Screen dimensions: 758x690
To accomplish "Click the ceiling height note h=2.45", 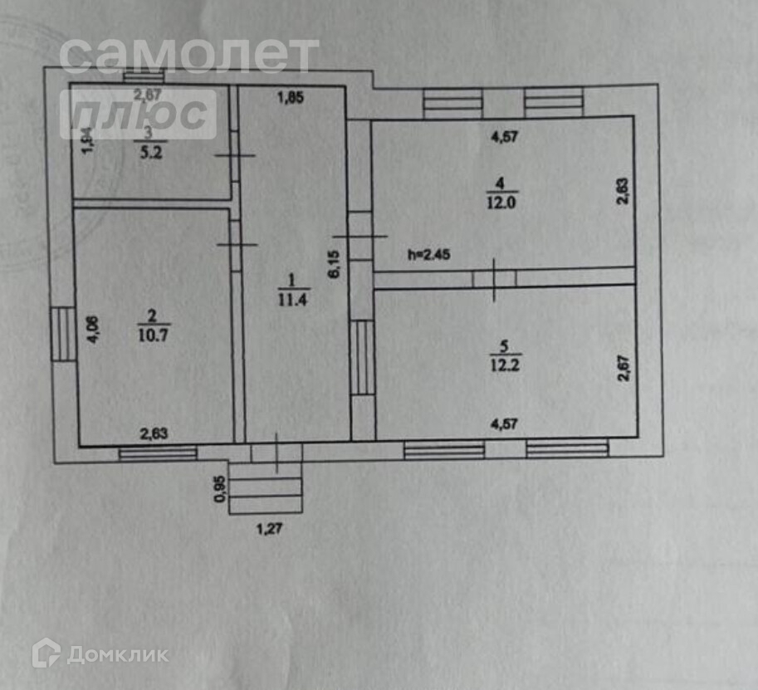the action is click(x=428, y=254).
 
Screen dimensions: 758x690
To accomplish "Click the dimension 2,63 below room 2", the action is click(x=153, y=432).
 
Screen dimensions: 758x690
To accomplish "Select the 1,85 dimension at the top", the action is click(x=290, y=98).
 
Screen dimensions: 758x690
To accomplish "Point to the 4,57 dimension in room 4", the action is click(x=504, y=138).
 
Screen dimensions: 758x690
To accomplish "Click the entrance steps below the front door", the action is click(x=266, y=487).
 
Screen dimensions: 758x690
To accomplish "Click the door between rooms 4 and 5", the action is click(x=495, y=278).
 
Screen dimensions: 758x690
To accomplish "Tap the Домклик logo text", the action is click(x=117, y=654).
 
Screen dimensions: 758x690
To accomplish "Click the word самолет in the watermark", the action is click(x=189, y=56).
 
